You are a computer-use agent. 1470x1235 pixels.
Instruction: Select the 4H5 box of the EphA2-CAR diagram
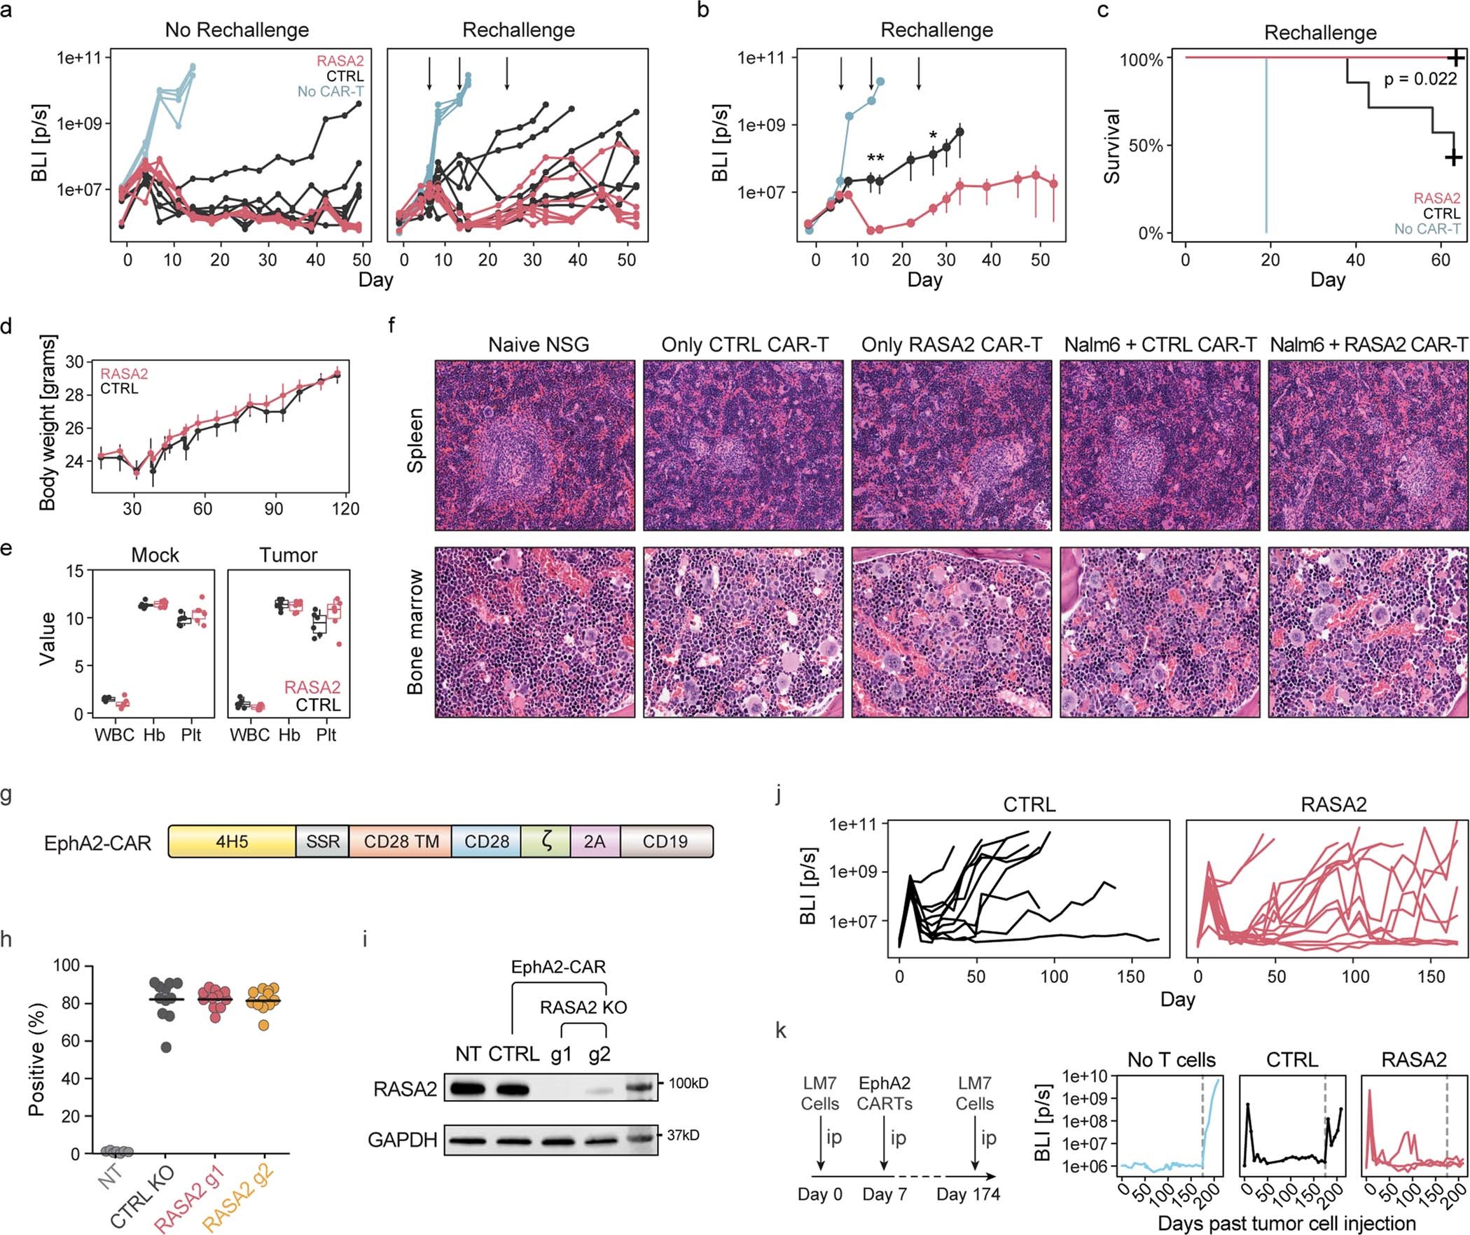231,842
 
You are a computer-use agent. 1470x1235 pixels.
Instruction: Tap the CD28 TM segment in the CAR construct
401,842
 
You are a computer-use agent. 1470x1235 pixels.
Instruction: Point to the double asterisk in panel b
875,158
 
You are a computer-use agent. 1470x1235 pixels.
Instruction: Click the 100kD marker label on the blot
688,1083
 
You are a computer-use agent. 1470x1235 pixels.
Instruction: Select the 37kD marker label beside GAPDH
682,1135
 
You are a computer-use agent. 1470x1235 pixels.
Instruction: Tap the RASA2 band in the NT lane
468,1089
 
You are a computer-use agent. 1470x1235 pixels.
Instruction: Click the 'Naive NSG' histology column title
538,344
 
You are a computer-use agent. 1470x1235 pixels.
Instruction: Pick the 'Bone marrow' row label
415,632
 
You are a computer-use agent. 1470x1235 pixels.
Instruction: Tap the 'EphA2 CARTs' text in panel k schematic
885,1094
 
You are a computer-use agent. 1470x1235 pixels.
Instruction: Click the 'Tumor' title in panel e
289,555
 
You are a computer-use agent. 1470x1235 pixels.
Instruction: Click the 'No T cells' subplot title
1171,1060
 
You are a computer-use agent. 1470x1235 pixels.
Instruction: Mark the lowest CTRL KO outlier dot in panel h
165,1047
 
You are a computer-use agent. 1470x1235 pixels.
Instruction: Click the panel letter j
781,797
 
